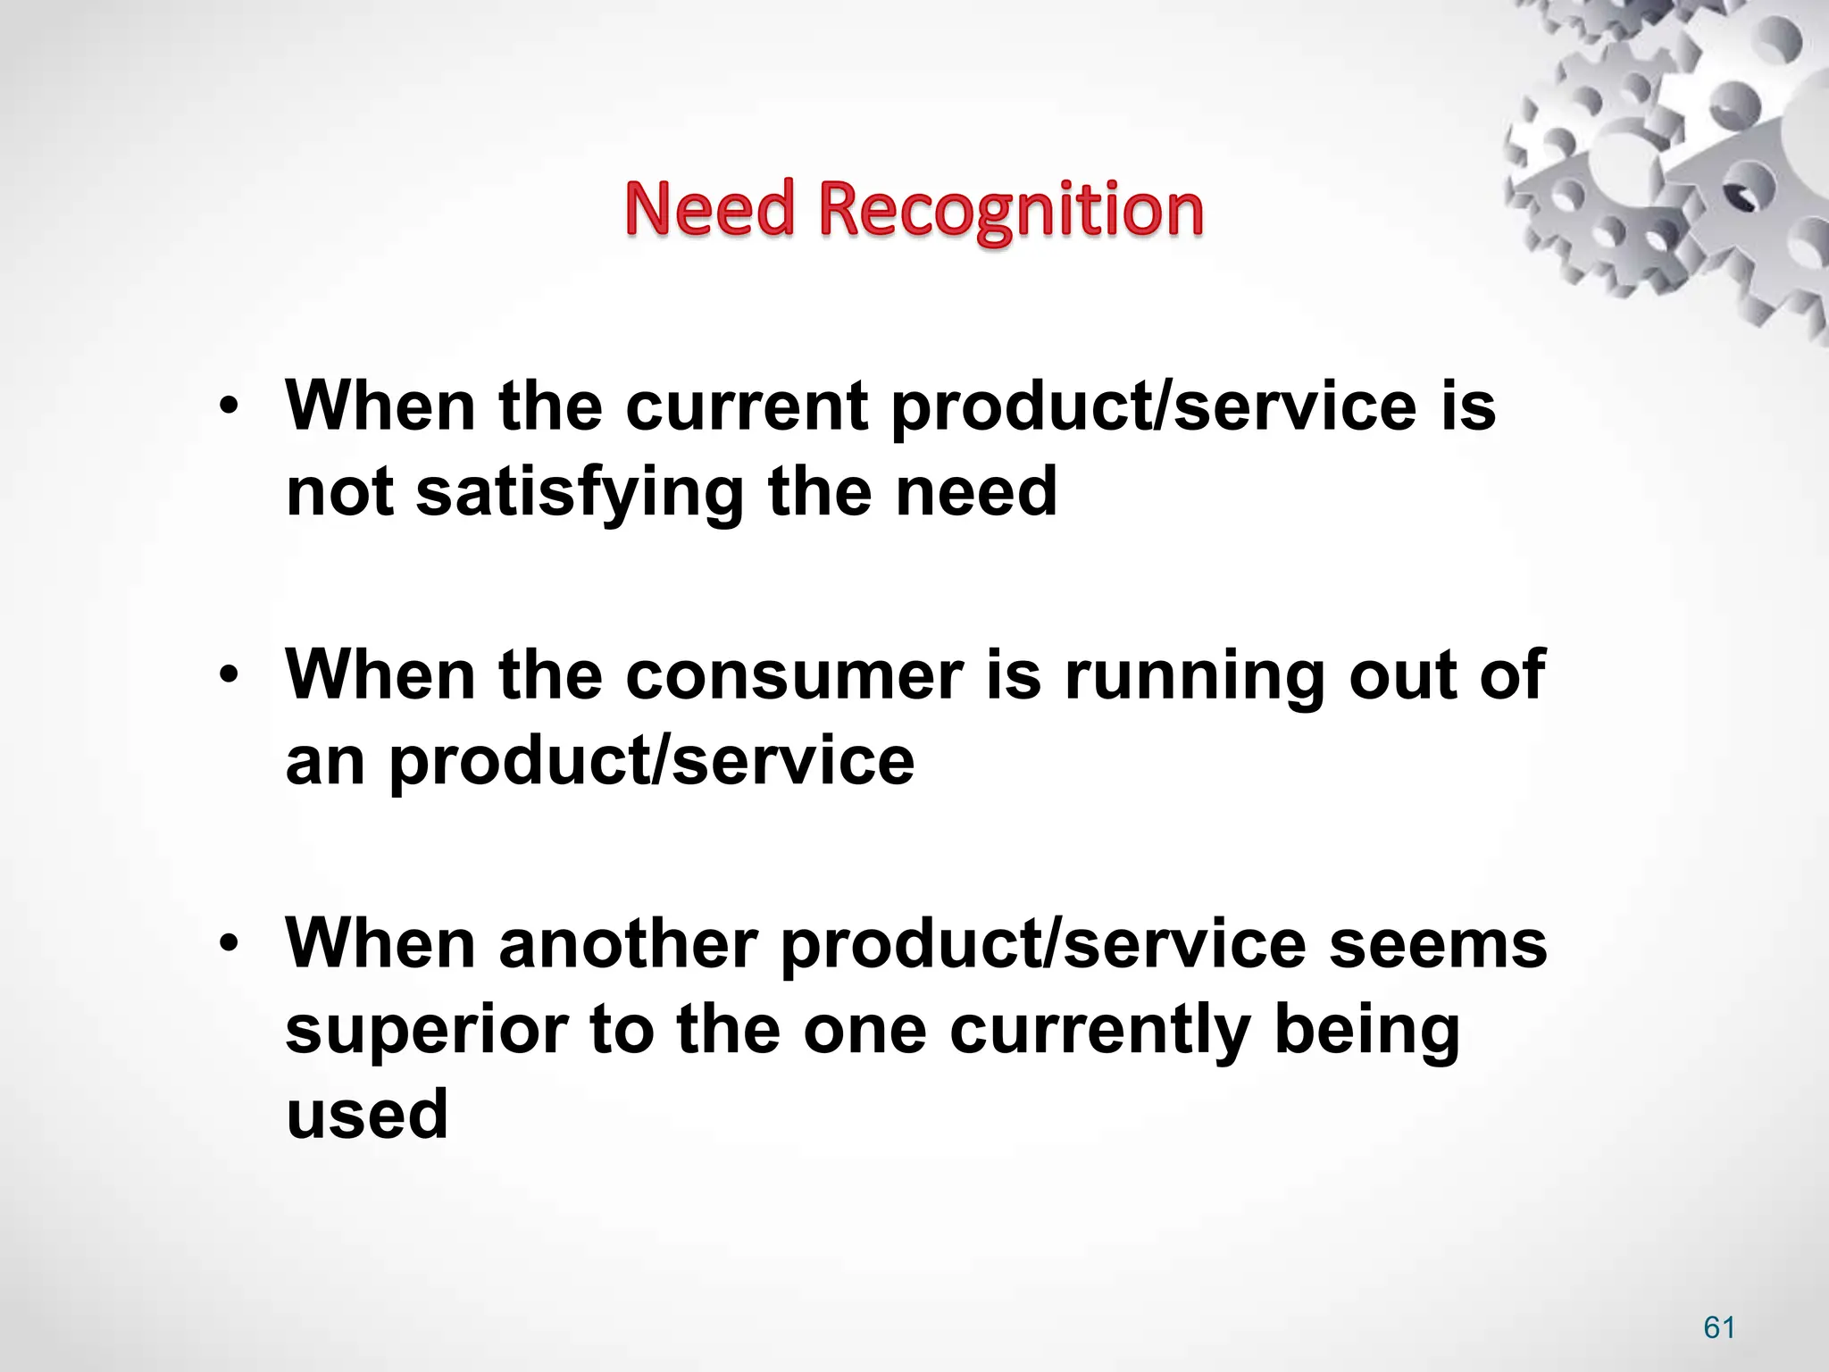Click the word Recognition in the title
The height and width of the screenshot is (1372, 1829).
pyautogui.click(x=1011, y=210)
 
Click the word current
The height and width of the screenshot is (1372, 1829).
pyautogui.click(x=747, y=406)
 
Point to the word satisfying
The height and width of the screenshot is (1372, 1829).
pyautogui.click(x=580, y=494)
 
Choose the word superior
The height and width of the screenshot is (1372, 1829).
pyautogui.click(x=426, y=1029)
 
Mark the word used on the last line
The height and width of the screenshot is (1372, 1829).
pyautogui.click(x=366, y=1115)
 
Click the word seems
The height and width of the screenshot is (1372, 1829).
pyautogui.click(x=1438, y=944)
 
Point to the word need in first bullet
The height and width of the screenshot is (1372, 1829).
pyautogui.click(x=976, y=492)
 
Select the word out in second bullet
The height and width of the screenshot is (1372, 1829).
pyautogui.click(x=1402, y=676)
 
